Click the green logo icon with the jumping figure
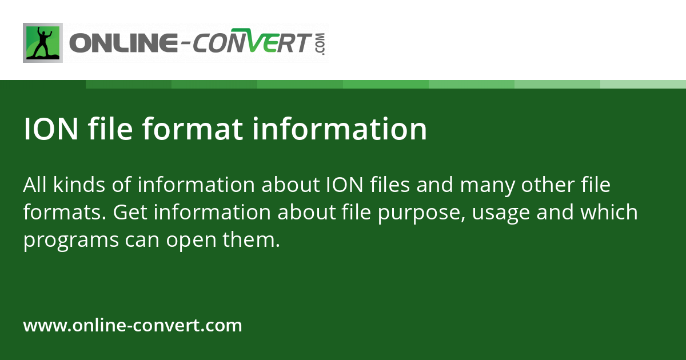[x=43, y=42]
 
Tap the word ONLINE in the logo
[x=123, y=43]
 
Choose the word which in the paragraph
[x=609, y=213]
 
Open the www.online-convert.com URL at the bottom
[x=133, y=326]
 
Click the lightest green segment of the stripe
[x=643, y=84]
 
